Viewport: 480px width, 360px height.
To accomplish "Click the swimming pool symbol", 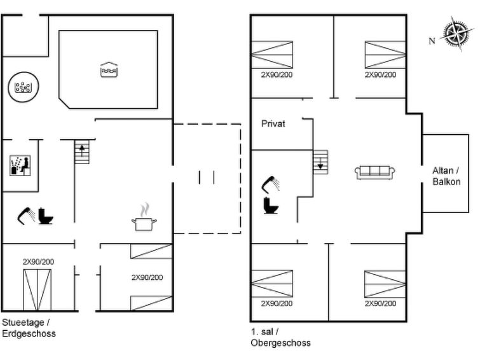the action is [109, 70].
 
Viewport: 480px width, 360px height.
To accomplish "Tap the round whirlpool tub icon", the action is [24, 87].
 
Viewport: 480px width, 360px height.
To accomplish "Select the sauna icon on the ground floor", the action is [20, 165].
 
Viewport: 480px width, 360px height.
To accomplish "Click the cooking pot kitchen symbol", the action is [144, 217].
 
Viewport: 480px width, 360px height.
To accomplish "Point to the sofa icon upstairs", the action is [374, 172].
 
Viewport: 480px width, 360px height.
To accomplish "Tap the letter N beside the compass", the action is [432, 41].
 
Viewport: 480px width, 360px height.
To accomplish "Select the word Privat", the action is [273, 124].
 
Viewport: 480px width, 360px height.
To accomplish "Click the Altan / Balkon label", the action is [446, 176].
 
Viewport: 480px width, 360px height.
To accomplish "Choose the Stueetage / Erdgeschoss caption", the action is [29, 328].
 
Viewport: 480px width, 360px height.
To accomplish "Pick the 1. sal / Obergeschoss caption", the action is [280, 337].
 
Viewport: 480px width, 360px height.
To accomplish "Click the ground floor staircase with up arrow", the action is [82, 151].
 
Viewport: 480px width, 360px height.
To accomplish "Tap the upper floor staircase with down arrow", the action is [320, 162].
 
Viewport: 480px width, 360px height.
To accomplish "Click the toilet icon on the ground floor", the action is [46, 216].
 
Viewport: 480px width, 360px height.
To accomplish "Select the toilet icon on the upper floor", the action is [271, 205].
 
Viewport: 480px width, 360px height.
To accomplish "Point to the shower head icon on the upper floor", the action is [271, 184].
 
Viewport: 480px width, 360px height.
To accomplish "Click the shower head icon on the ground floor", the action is [26, 216].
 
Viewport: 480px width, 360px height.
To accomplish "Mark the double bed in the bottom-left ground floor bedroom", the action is [38, 290].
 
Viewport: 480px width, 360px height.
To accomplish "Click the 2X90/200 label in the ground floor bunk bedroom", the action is [147, 277].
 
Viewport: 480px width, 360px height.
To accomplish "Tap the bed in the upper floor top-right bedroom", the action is [385, 55].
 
